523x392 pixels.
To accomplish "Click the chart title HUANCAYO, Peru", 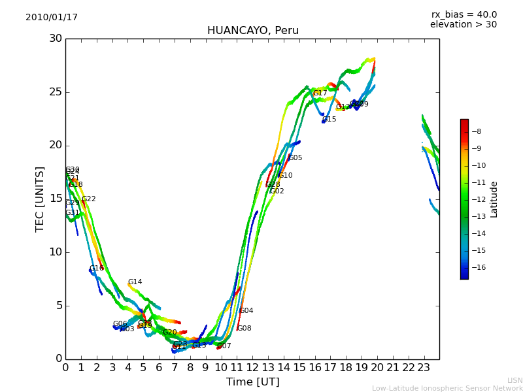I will [252, 31].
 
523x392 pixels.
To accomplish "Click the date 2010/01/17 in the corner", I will [52, 18].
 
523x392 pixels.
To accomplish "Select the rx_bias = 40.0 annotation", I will [464, 15].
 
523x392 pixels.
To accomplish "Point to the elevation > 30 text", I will [463, 25].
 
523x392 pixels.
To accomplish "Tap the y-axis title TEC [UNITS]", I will [41, 199].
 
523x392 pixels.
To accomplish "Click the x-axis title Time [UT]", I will [252, 382].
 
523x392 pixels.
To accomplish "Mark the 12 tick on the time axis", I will [252, 368].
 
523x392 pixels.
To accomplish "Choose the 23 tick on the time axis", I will [424, 368].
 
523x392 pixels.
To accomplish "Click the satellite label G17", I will [320, 93].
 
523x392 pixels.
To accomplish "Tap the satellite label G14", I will [135, 282].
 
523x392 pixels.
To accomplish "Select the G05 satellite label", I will [295, 158].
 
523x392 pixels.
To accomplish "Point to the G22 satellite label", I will [88, 199].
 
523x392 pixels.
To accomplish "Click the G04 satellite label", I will [246, 311].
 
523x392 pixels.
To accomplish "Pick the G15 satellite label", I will [329, 120].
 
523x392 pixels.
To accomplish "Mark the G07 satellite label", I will [224, 346].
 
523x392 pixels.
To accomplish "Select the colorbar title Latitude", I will [494, 199].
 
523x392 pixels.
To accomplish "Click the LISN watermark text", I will [515, 380].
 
